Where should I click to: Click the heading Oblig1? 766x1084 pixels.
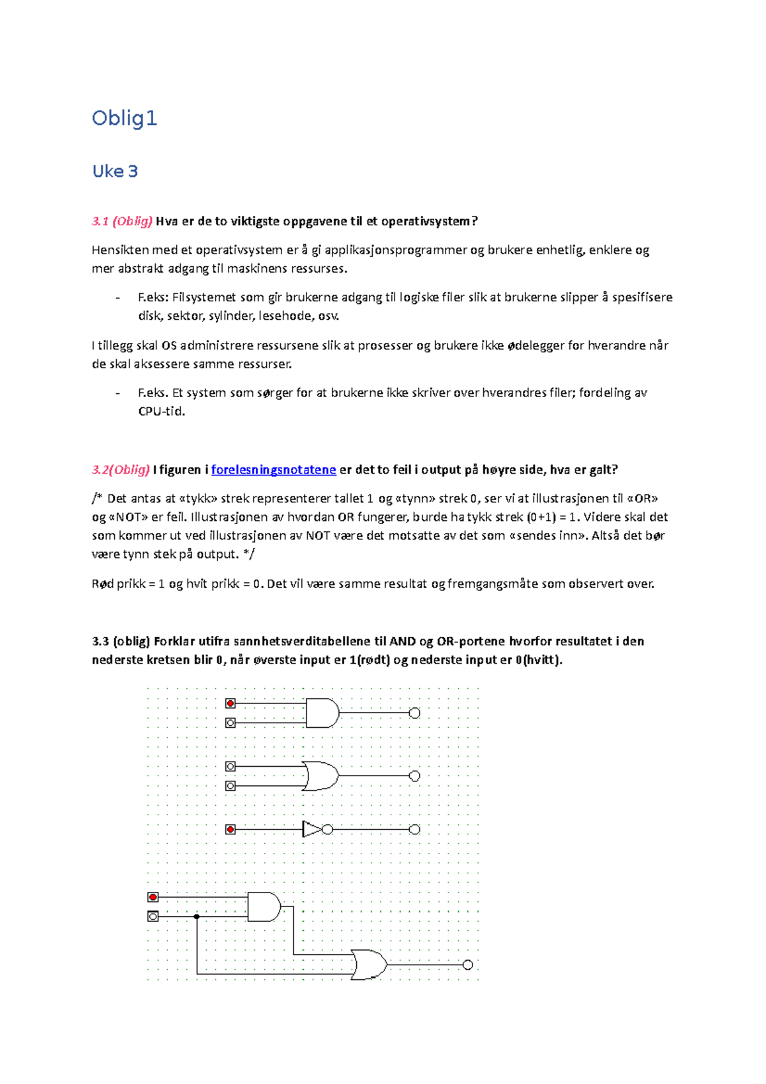point(124,118)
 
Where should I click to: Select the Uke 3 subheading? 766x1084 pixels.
point(115,171)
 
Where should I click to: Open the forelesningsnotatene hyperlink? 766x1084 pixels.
point(273,470)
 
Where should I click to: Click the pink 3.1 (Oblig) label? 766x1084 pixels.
point(122,222)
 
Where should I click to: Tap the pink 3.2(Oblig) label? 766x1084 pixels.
point(121,470)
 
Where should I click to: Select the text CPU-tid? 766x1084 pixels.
point(161,412)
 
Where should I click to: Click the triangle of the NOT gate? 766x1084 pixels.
point(312,829)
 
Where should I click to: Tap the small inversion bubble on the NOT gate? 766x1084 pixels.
point(327,829)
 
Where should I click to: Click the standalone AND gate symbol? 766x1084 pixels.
point(322,713)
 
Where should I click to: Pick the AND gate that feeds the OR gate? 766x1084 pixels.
point(263,907)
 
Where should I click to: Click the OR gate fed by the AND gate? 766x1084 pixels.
point(369,965)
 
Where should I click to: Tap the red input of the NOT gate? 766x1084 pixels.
point(230,829)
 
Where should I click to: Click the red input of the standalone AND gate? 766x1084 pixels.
point(230,704)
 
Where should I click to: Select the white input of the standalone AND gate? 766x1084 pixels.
point(230,723)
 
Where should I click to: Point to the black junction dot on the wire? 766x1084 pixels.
point(197,917)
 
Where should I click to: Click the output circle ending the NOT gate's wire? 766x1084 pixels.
point(414,829)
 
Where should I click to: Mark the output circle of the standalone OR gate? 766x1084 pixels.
point(414,776)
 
